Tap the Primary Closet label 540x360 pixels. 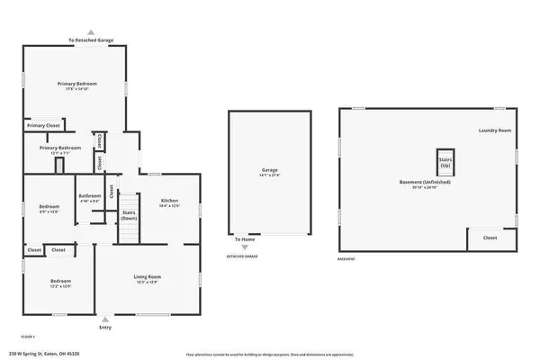click(x=42, y=125)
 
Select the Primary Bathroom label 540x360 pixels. click(x=60, y=148)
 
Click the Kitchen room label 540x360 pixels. click(x=170, y=201)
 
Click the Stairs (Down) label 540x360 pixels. click(x=129, y=215)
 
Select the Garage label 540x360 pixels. click(x=269, y=169)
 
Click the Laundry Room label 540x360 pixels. click(x=494, y=131)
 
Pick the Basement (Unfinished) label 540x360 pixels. click(x=425, y=182)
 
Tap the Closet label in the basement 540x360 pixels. click(x=490, y=238)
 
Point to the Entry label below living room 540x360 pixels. click(x=105, y=327)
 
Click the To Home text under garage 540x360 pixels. click(x=244, y=239)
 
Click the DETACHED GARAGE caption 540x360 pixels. click(x=242, y=257)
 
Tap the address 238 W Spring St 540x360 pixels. click(x=42, y=353)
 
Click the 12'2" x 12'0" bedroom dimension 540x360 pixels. click(x=60, y=286)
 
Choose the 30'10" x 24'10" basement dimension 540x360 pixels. click(x=425, y=188)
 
